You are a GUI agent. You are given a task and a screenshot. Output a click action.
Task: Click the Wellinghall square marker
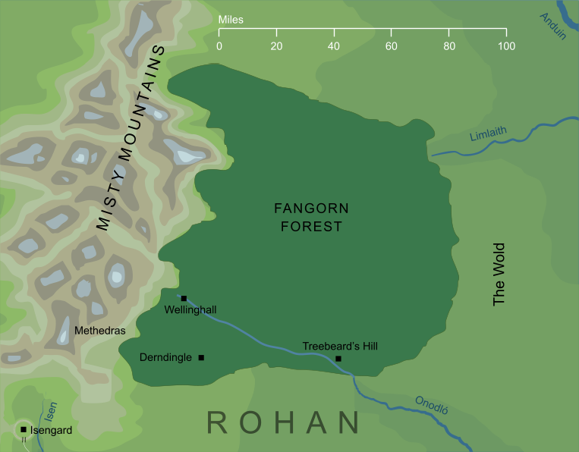coord(184,298)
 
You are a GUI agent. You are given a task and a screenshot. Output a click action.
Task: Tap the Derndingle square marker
coord(201,357)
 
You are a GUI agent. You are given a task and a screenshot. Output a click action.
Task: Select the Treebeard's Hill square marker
coord(338,358)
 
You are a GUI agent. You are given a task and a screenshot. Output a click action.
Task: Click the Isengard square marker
coord(24,430)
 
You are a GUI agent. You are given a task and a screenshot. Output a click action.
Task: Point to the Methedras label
coord(99,331)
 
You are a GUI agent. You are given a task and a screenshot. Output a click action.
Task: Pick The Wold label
coord(499,275)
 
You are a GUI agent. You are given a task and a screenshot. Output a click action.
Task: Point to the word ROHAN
coord(283,423)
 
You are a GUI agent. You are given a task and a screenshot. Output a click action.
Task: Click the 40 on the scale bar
coord(334,47)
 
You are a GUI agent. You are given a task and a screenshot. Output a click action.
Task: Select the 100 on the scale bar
coord(506,47)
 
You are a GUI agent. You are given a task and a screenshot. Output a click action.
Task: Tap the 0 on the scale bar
coord(219,47)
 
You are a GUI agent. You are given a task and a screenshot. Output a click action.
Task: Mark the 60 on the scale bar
coord(392,47)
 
